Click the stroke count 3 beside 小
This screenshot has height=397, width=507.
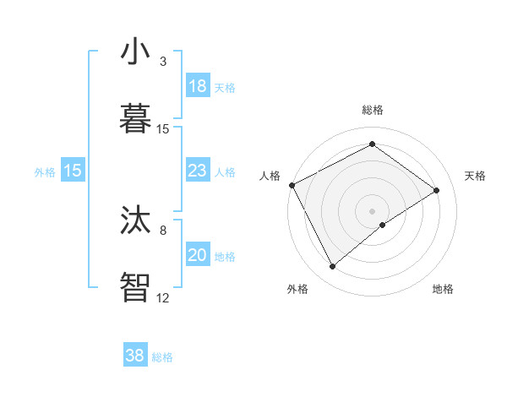(x=163, y=62)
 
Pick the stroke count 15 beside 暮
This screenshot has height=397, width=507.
(x=163, y=129)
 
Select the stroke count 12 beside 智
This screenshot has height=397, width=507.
(x=163, y=297)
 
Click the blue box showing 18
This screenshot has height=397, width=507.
(x=198, y=86)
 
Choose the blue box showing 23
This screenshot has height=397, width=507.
(x=198, y=171)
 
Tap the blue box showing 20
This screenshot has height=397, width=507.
(x=198, y=255)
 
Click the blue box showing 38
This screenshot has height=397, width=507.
(x=135, y=356)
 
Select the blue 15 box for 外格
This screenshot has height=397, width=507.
(x=73, y=171)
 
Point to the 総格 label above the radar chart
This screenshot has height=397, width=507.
(x=373, y=110)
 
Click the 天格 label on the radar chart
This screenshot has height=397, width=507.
(x=476, y=176)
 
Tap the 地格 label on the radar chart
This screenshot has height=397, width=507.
(x=443, y=290)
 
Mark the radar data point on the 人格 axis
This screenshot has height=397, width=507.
(x=292, y=185)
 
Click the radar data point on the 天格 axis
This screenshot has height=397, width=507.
(x=437, y=190)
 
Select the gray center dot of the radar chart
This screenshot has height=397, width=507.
(x=373, y=210)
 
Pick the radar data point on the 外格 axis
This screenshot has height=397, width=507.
(x=332, y=267)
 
